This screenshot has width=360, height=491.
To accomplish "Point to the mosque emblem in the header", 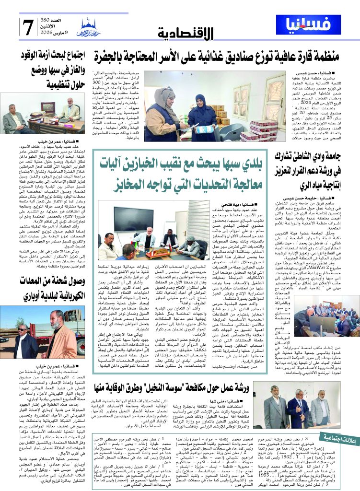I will (x=91, y=26).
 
